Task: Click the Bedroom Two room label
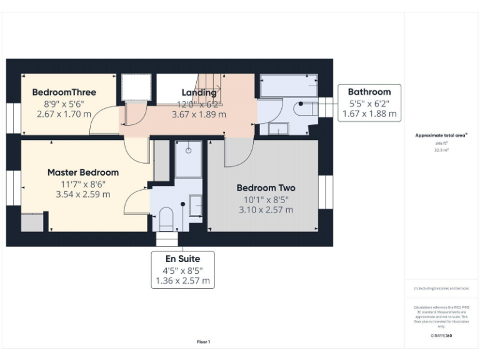(266, 188)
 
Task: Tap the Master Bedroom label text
(83, 172)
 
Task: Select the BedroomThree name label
(64, 92)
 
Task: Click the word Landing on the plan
(199, 93)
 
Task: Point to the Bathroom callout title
(369, 92)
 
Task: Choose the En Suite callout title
(184, 258)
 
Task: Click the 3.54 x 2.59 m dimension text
(83, 194)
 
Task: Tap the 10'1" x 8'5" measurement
(266, 199)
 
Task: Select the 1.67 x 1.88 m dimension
(369, 114)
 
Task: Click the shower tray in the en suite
(188, 159)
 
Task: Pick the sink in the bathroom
(278, 129)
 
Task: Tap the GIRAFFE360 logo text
(441, 336)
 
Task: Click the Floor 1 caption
(204, 342)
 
